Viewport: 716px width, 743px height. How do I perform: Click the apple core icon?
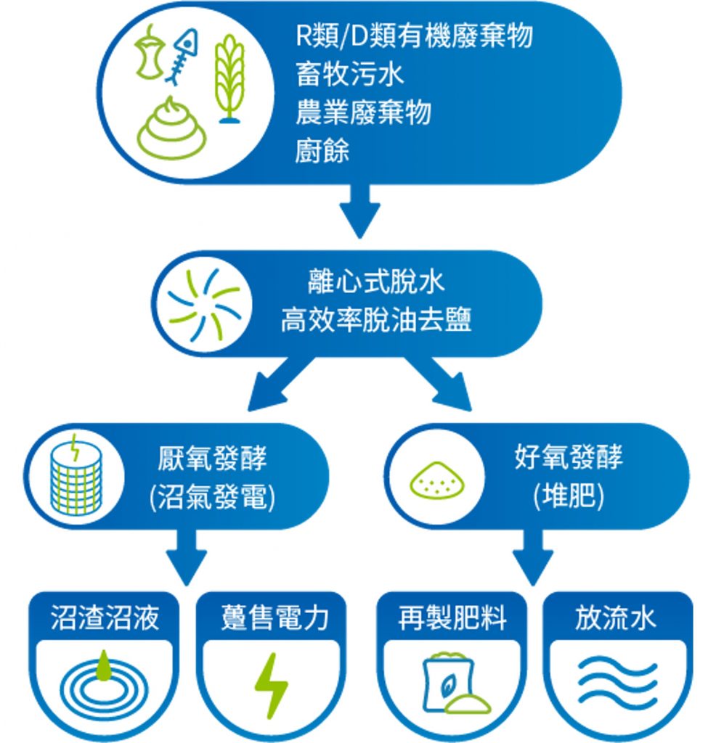[150, 52]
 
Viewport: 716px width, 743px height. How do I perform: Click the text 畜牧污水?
[350, 75]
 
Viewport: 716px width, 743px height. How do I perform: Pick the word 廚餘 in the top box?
[322, 151]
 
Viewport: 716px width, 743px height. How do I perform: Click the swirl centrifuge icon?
[204, 305]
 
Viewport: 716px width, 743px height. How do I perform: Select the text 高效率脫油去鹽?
[376, 320]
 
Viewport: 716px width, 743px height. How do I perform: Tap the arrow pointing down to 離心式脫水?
[360, 211]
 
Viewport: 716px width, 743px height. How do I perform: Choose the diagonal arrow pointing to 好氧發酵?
[439, 384]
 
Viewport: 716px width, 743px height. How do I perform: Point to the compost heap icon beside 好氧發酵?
[436, 480]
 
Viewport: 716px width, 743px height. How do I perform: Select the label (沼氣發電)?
[213, 498]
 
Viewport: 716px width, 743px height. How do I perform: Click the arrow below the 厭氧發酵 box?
[187, 557]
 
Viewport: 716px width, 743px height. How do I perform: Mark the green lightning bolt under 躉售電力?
[271, 686]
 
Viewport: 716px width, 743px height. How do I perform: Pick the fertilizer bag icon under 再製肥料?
[455, 683]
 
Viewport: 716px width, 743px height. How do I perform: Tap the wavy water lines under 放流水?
[617, 682]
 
